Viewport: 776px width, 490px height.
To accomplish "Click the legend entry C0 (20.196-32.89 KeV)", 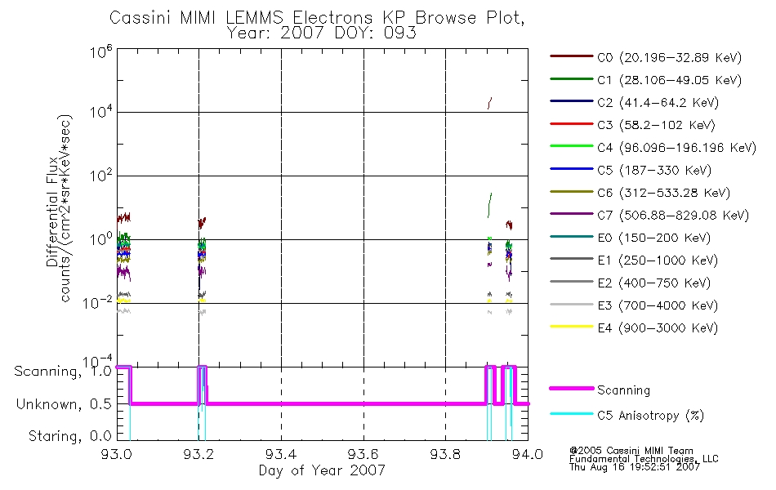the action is [669, 57].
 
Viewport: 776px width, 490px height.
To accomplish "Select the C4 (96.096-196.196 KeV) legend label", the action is [676, 148].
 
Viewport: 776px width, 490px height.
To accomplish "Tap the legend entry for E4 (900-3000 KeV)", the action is [658, 327].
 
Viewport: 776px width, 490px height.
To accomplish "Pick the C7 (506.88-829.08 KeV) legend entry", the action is [673, 216].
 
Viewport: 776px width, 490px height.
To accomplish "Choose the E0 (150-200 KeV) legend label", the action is [653, 238].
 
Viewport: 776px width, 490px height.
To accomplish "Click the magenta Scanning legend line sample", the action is [571, 389].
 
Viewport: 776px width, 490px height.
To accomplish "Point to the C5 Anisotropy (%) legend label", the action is [650, 415].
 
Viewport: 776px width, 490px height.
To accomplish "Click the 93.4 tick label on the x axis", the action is [281, 454].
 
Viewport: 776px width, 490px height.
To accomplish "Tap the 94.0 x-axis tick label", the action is [528, 454].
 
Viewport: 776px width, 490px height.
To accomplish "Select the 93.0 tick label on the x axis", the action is [117, 454].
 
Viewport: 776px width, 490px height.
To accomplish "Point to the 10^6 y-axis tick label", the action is [101, 51].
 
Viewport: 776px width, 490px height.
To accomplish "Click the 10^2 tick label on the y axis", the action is [101, 176].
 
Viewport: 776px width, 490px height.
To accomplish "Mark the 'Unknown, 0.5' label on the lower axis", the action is [64, 404].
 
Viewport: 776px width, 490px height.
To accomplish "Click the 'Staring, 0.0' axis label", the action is [69, 436].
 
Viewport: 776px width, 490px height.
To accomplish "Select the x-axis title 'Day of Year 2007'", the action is [322, 470].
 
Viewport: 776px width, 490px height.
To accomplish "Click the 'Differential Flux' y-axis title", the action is [52, 212].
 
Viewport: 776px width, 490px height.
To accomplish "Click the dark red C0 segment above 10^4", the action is [489, 103].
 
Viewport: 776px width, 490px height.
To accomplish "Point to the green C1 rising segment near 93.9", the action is [489, 205].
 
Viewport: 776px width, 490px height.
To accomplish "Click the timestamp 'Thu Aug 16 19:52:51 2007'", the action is [635, 467].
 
